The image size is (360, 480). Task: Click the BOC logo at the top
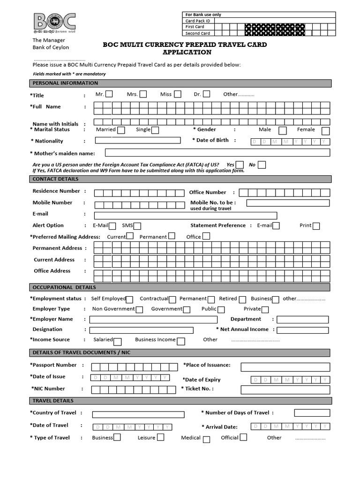click(54, 22)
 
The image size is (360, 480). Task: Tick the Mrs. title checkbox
click(143, 94)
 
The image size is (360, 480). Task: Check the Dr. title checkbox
click(206, 94)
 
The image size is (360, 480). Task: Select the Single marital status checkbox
click(155, 130)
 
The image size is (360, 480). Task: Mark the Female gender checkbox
click(325, 131)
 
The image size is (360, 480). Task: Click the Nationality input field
click(138, 140)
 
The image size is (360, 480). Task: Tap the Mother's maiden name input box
click(217, 152)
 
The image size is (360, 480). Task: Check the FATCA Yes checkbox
click(240, 165)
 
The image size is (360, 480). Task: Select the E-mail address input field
click(186, 215)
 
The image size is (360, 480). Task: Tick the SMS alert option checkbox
click(137, 226)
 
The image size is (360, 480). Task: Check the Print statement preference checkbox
click(316, 226)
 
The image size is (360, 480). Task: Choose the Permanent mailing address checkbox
click(172, 236)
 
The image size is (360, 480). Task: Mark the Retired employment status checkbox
click(242, 299)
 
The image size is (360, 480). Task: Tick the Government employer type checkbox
click(187, 309)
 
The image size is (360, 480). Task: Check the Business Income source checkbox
click(181, 341)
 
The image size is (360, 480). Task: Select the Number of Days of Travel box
click(311, 412)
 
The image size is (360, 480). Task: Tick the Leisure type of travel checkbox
click(160, 437)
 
